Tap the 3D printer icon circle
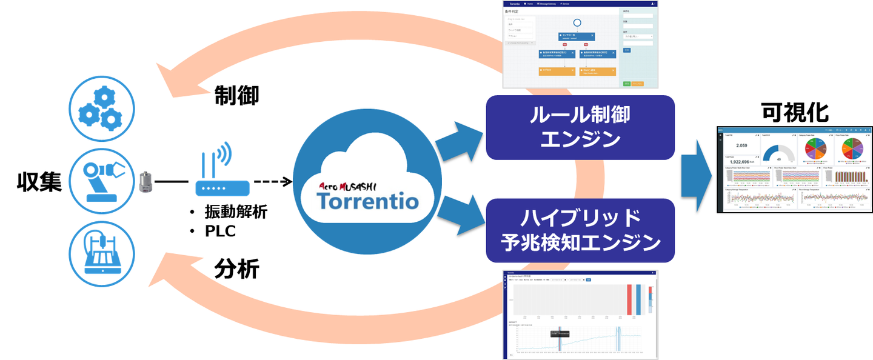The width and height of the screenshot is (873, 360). [x=101, y=252]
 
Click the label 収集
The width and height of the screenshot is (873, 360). [x=39, y=182]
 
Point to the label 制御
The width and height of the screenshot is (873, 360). [x=236, y=95]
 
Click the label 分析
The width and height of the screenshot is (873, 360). [x=236, y=268]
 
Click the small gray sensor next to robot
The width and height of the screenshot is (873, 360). [x=145, y=182]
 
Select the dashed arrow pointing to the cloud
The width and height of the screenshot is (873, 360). [x=272, y=182]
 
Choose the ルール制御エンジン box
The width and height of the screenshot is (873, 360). [x=580, y=127]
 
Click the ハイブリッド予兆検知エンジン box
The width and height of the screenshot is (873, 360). [x=580, y=230]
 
